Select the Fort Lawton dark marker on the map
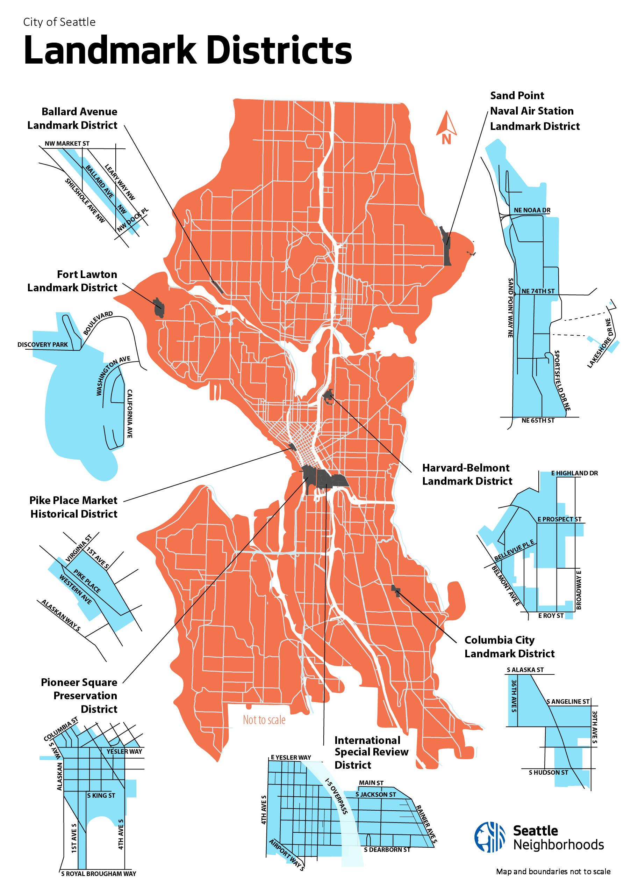click(x=158, y=309)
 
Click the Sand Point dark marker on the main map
click(x=446, y=247)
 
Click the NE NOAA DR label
click(x=532, y=210)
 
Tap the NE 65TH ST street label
click(x=538, y=421)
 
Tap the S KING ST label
click(x=101, y=796)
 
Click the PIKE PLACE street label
click(x=87, y=581)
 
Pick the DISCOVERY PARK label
click(x=42, y=344)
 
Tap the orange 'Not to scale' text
click(x=264, y=720)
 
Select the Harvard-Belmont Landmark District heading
click(x=467, y=474)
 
